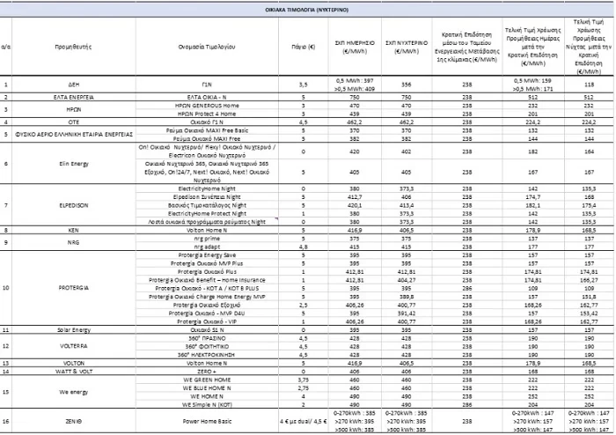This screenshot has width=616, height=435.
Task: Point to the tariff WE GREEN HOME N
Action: coord(202,380)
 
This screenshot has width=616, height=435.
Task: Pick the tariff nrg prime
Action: coord(202,239)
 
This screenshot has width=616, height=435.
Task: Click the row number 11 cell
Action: coord(6,329)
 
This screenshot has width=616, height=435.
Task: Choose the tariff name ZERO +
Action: coord(202,371)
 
